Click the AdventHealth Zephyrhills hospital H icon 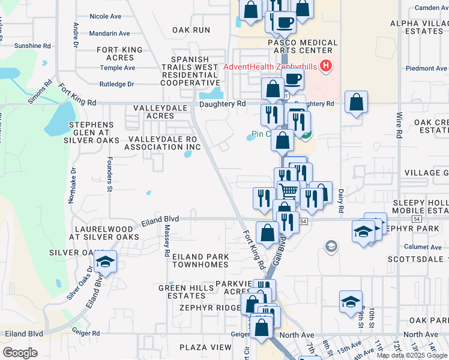(326, 66)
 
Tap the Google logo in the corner (20, 353)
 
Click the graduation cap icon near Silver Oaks (105, 262)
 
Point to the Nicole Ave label (106, 16)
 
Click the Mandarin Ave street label (110, 34)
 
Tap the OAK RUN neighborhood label (191, 29)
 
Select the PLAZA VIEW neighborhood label (205, 347)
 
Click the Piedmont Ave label (427, 68)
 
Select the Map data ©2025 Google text (412, 355)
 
